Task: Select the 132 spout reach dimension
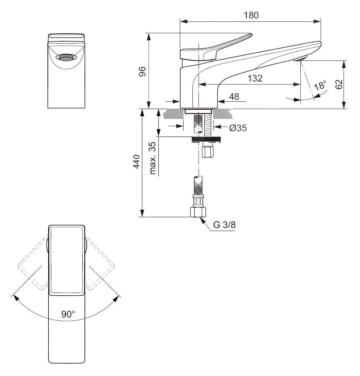(255, 78)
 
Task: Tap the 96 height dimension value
(142, 71)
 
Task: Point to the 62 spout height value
(339, 85)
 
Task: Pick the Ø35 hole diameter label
(238, 128)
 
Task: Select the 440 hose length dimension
(136, 163)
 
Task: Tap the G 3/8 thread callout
(224, 225)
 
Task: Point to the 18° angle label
(320, 85)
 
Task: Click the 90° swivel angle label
(68, 314)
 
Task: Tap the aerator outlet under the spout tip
(300, 59)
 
